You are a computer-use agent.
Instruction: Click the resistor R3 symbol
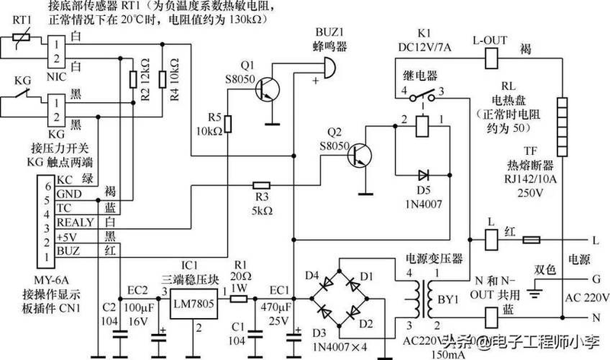261,184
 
